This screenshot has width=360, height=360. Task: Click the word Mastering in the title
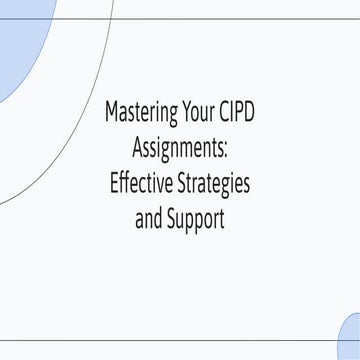click(x=143, y=112)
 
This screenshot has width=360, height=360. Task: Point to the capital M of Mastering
click(x=111, y=112)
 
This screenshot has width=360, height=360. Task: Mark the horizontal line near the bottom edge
click(x=180, y=341)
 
